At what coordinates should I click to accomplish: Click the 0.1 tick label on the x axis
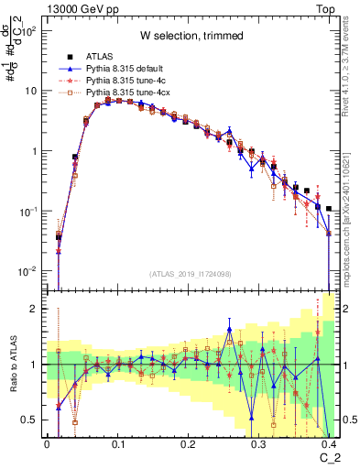click(x=117, y=442)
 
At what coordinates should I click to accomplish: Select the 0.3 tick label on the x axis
click(x=259, y=442)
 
